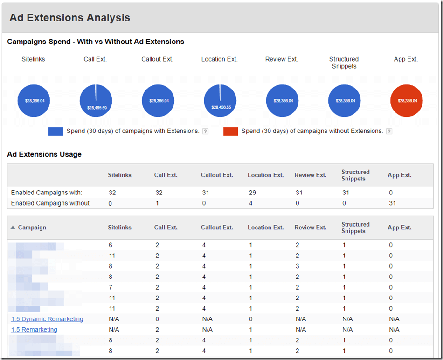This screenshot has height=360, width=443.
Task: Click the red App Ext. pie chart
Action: pos(406,101)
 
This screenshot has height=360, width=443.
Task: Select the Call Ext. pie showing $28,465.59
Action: pos(96,101)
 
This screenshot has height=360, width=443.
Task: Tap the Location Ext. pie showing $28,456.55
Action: pos(220,101)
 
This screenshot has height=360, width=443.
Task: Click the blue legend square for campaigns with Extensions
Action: pos(55,132)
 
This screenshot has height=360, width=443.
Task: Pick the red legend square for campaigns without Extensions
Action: pos(230,132)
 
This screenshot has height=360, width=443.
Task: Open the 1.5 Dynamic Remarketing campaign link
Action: pos(47,319)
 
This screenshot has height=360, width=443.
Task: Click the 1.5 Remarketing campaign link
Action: pos(34,330)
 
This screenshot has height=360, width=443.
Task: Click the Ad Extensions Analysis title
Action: pos(70,18)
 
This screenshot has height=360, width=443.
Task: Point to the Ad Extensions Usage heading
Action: pos(44,154)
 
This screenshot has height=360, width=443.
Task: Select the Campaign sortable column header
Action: pos(32,228)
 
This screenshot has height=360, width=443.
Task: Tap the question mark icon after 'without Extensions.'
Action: pos(389,132)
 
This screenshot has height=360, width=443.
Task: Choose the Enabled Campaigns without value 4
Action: pos(250,203)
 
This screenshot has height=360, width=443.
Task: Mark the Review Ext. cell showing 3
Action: pos(297,266)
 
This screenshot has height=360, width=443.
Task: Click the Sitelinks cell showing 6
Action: pos(110,245)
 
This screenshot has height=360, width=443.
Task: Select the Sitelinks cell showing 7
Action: pos(110,287)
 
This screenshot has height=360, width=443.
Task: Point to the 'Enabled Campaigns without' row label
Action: pos(50,203)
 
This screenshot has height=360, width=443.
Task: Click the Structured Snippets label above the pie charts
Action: pos(344,62)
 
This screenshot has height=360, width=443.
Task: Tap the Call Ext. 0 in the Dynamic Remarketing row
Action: pos(157,319)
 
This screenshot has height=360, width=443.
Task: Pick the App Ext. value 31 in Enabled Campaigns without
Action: pos(392,203)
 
